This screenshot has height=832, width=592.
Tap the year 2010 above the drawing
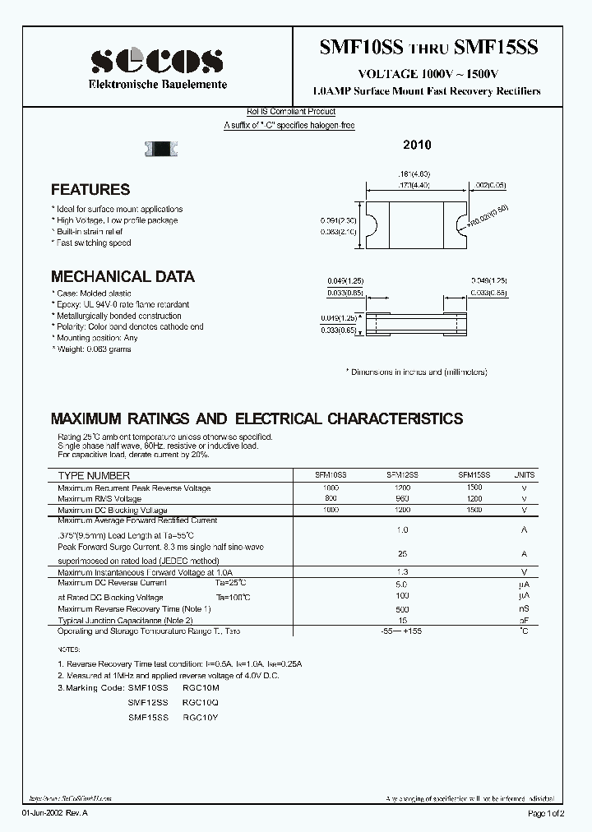(x=417, y=145)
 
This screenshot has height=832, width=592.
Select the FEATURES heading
(x=90, y=189)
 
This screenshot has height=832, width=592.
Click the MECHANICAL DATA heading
(x=123, y=276)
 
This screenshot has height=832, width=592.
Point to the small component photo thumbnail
(x=162, y=149)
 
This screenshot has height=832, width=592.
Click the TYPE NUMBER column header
(x=94, y=476)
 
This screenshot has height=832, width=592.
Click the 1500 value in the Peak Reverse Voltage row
(x=474, y=488)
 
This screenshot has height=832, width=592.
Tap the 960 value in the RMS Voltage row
(x=402, y=499)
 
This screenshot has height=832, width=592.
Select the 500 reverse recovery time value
(x=402, y=609)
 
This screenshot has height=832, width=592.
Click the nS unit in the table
(x=524, y=609)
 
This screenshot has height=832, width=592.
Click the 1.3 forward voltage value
(x=402, y=571)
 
